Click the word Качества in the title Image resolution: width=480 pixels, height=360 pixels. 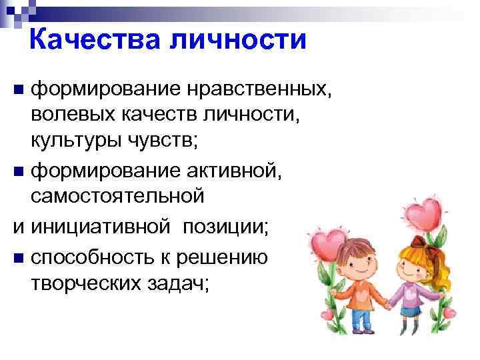(97, 41)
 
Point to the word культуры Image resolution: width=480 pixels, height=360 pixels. (77, 140)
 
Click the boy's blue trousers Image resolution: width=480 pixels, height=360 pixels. (361, 317)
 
